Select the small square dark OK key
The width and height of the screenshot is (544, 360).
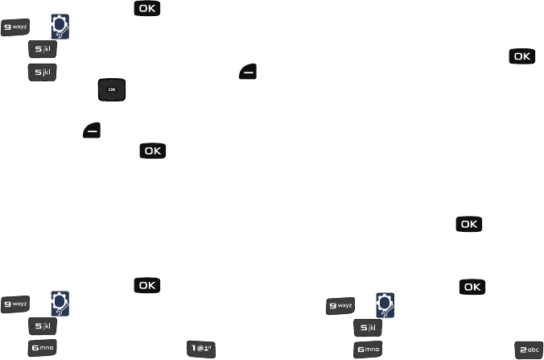(113, 90)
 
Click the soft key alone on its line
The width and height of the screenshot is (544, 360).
(91, 130)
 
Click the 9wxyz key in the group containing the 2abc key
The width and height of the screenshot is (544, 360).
(340, 306)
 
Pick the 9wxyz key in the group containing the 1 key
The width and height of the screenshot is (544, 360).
(15, 306)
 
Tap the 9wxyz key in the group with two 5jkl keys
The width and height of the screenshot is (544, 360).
(15, 28)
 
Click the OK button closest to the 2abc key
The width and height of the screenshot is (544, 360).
(472, 286)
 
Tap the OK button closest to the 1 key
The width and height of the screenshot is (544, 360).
(146, 286)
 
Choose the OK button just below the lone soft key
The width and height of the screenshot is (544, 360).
(153, 151)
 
